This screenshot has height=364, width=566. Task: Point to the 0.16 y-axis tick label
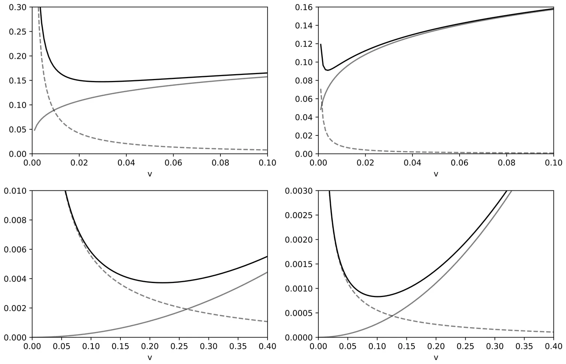coord(304,7)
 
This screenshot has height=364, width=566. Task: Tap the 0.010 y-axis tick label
coord(16,191)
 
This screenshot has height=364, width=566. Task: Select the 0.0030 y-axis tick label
coord(300,191)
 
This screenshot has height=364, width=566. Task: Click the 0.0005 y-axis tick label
coord(300,313)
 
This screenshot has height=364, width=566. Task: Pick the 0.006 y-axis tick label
coord(16,249)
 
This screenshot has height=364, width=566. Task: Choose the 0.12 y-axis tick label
coord(304,44)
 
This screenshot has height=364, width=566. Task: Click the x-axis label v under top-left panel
coord(150,174)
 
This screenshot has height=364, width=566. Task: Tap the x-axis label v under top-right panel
coord(436,174)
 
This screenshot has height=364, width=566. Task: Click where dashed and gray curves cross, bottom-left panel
coord(187,309)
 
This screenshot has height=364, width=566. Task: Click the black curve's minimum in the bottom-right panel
coord(377,297)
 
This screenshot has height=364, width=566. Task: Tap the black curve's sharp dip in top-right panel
coord(328,70)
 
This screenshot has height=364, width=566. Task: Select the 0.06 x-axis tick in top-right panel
coord(460,162)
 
